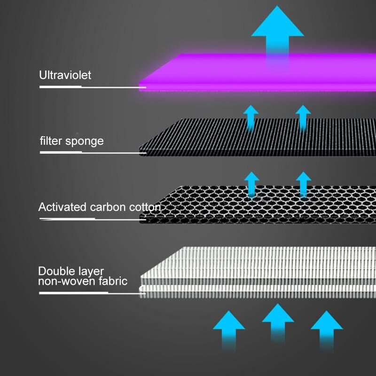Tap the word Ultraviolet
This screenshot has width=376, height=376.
click(x=65, y=75)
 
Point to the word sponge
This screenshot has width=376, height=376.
click(x=85, y=141)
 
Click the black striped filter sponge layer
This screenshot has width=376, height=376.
click(x=258, y=137)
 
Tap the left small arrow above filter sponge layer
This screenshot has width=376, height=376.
click(x=251, y=118)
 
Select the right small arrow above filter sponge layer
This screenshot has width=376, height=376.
click(x=303, y=118)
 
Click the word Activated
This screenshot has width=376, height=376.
click(x=62, y=207)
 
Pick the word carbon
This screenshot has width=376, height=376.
click(x=108, y=207)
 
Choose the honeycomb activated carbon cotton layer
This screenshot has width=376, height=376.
click(x=258, y=204)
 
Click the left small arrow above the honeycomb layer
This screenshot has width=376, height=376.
click(x=251, y=184)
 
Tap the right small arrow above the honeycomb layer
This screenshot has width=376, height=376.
click(x=304, y=184)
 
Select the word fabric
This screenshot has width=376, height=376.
click(x=113, y=281)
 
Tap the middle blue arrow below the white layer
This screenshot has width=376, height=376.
click(x=278, y=324)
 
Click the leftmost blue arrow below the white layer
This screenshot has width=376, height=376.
click(x=229, y=331)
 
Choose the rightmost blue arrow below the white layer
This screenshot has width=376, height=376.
click(x=327, y=331)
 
